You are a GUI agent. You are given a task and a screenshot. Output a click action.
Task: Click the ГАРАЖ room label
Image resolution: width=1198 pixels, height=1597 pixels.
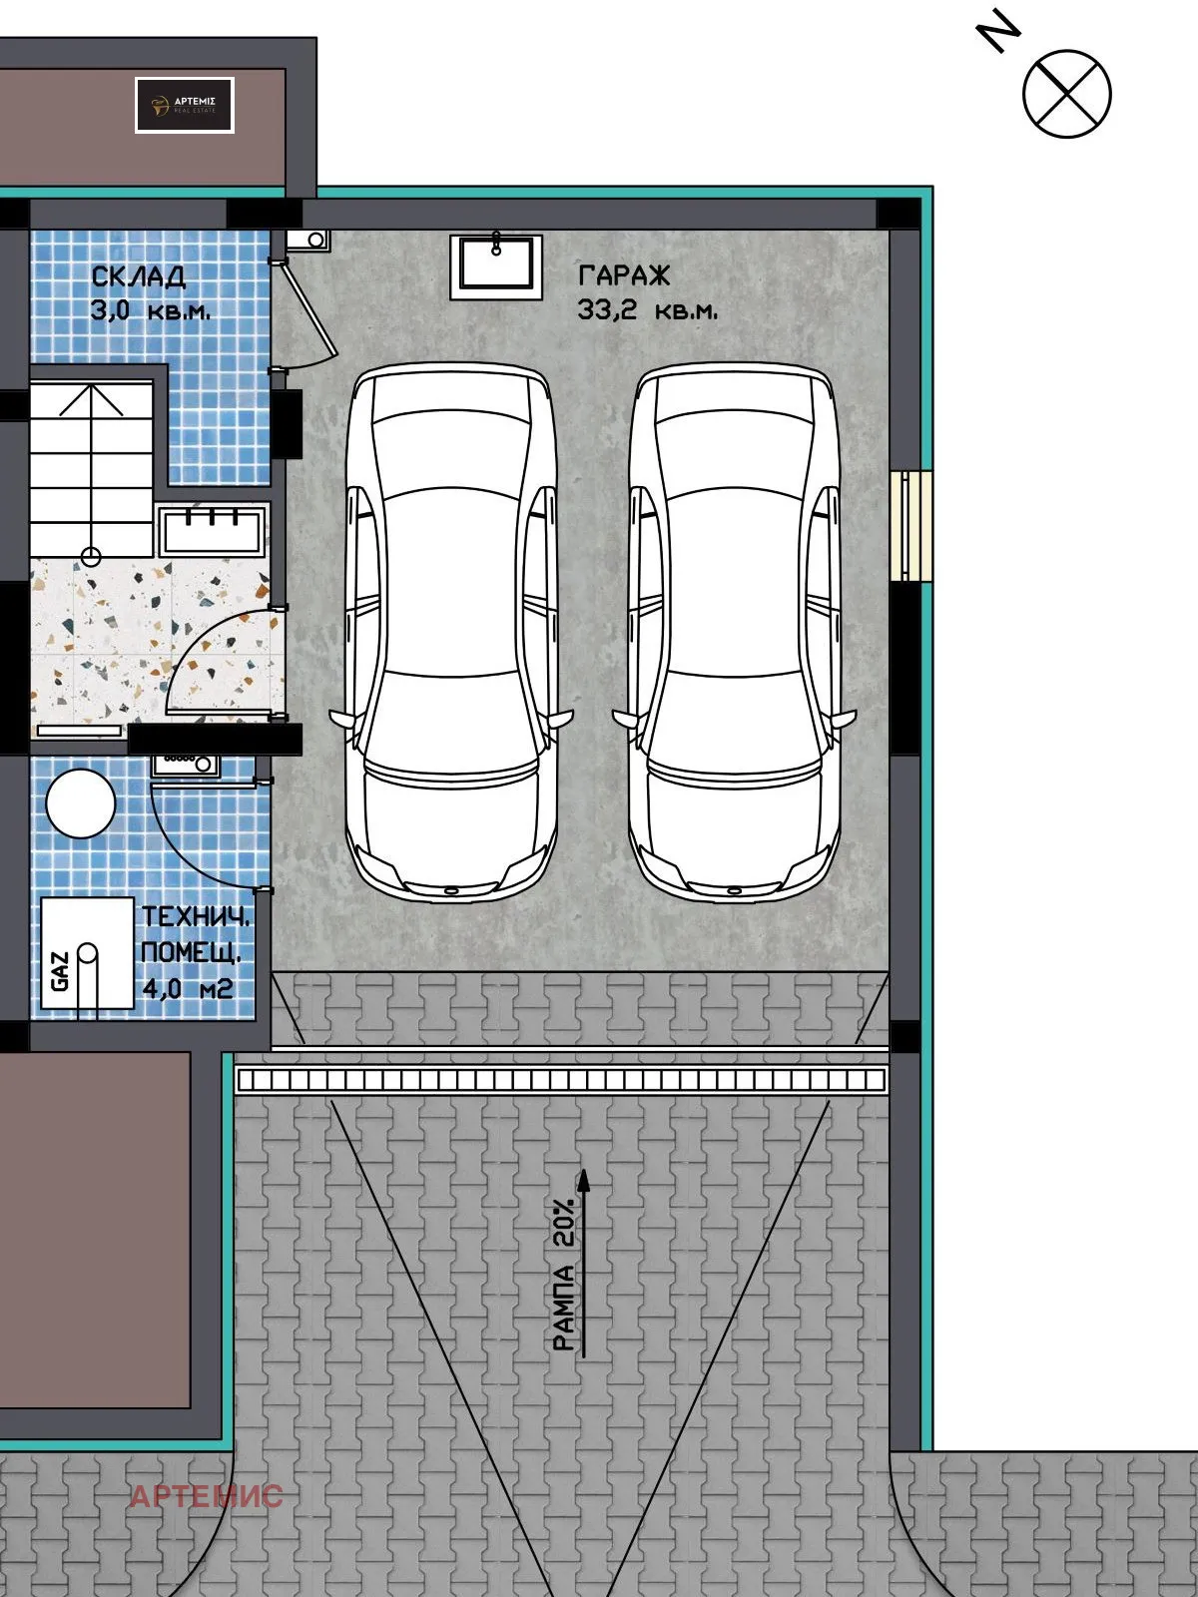click(623, 275)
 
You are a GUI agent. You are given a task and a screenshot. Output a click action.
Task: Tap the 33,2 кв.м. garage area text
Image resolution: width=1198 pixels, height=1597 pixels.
click(647, 310)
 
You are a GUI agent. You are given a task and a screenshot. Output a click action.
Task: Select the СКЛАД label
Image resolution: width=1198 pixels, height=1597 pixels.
click(138, 276)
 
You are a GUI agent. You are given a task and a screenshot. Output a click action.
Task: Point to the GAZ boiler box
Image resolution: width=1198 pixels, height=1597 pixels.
click(87, 953)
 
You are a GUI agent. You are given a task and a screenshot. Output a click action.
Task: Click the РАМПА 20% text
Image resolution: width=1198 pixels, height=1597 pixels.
click(564, 1275)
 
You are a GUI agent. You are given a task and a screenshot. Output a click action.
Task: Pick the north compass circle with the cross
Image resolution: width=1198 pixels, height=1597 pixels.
click(1067, 93)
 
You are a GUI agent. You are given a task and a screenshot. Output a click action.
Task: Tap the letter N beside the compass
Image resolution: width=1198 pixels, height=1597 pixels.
click(998, 31)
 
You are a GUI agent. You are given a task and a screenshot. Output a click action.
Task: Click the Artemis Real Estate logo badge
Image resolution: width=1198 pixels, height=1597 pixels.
click(184, 105)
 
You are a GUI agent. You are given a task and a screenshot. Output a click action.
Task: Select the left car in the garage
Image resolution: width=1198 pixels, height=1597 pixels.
click(451, 632)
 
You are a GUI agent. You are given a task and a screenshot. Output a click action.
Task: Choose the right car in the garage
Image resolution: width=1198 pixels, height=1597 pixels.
click(735, 632)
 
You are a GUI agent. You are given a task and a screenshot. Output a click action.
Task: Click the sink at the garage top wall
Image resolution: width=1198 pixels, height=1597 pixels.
click(496, 266)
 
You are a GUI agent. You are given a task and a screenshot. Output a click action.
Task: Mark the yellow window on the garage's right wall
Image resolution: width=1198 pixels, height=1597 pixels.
click(911, 525)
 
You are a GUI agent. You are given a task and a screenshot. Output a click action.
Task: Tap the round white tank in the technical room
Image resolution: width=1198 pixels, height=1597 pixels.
click(81, 803)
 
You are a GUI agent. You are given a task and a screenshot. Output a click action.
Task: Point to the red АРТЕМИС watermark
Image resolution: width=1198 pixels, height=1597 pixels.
click(207, 1496)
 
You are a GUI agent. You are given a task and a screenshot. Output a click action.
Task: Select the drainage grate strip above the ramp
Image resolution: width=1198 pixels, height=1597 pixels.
click(561, 1080)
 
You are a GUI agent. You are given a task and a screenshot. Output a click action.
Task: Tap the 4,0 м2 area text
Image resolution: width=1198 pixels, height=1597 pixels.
click(188, 988)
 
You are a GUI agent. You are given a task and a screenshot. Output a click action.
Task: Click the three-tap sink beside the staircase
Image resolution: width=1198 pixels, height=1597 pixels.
click(212, 531)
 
